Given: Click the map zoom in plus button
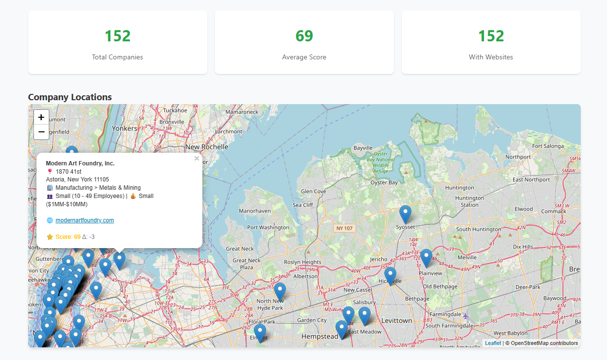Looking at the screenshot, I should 41,117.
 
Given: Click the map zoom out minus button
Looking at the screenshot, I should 41,132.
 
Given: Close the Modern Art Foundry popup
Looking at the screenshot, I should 196,159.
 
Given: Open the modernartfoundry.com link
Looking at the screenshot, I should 85,220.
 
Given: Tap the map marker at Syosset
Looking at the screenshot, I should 405,215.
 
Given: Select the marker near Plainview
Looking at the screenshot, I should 426,258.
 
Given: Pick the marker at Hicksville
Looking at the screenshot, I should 390,276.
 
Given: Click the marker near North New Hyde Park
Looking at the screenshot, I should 280,291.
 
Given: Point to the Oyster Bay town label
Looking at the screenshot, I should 384,183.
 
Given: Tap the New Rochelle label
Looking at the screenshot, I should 207,147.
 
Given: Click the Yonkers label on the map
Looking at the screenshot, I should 125,128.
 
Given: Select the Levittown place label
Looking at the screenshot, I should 396,321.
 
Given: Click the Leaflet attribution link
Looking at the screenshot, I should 493,343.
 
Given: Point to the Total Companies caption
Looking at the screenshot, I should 117,57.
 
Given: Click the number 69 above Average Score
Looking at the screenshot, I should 304,36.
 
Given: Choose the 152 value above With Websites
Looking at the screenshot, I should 491,36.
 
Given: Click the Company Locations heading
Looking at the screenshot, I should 70,97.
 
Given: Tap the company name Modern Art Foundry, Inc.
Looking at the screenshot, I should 80,163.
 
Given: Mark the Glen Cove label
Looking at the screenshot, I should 313,192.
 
